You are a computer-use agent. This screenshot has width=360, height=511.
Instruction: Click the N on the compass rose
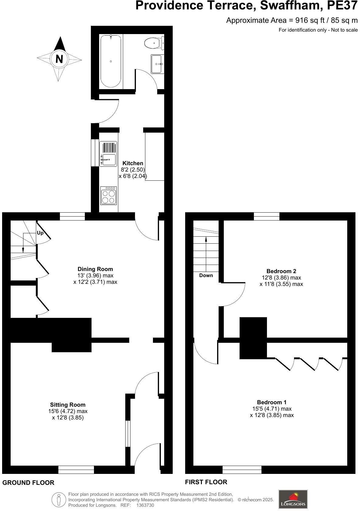(x=59, y=58)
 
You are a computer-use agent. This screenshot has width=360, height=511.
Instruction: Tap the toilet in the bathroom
(x=154, y=43)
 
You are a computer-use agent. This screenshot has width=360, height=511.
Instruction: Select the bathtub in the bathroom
(x=111, y=61)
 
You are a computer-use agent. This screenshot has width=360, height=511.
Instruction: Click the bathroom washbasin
(x=157, y=64)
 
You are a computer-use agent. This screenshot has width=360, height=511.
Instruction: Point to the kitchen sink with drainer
(x=108, y=154)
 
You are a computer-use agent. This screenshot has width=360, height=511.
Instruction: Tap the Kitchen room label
(x=133, y=163)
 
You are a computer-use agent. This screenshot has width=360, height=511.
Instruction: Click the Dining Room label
(x=95, y=269)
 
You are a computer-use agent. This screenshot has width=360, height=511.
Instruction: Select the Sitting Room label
(x=68, y=405)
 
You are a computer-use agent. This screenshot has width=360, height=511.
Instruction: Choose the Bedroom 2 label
(x=281, y=271)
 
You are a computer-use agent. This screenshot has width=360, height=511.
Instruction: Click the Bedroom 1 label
(x=272, y=402)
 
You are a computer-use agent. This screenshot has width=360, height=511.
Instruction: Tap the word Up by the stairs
(x=40, y=233)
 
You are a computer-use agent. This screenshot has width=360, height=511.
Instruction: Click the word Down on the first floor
(x=206, y=275)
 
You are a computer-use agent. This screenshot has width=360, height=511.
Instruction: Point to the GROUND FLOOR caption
(x=28, y=482)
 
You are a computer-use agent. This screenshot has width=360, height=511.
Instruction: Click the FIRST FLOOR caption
(x=206, y=482)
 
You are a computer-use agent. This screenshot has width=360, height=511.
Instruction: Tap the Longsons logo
(x=293, y=499)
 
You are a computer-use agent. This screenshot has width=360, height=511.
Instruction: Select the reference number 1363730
(x=145, y=505)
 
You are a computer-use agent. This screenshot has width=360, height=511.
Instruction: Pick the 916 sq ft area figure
(x=306, y=20)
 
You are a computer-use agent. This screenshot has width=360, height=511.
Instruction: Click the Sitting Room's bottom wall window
(x=76, y=470)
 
